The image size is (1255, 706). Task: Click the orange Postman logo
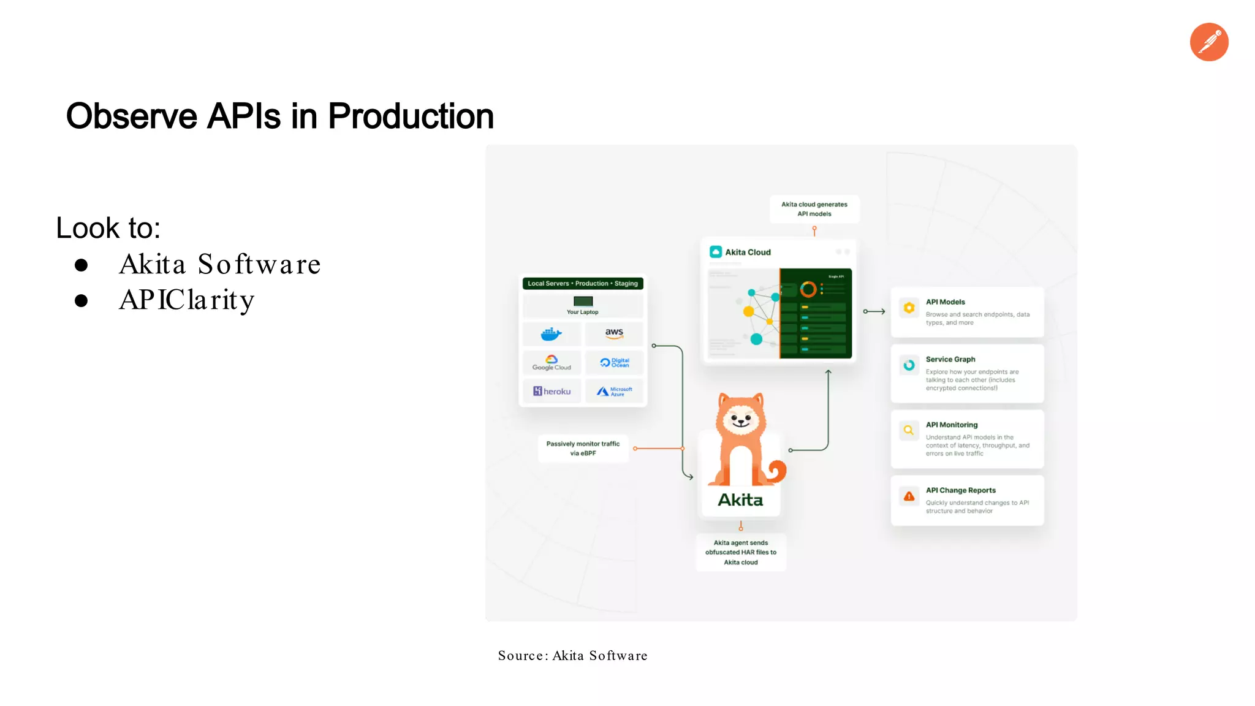point(1208,42)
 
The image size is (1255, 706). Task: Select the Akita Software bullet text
point(219,265)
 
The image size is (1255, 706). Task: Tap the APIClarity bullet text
point(186,300)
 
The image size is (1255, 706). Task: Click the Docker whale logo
point(551,334)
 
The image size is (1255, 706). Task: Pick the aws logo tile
point(614,333)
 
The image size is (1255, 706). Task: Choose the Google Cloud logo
point(552,363)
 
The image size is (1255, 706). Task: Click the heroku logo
point(552,391)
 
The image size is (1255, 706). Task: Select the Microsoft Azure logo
point(614,391)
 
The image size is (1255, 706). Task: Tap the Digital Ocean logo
point(614,363)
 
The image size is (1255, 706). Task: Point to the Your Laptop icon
point(583,302)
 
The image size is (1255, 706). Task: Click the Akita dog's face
point(741,420)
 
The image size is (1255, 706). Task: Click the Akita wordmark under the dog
point(740,500)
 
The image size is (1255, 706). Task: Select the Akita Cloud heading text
point(748,252)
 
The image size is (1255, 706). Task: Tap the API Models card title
point(945,302)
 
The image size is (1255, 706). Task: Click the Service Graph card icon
point(909,365)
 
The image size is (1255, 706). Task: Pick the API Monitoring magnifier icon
point(909,430)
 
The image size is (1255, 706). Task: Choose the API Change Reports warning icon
point(909,496)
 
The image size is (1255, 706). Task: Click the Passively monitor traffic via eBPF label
point(583,449)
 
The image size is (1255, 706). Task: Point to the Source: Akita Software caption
point(572,656)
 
